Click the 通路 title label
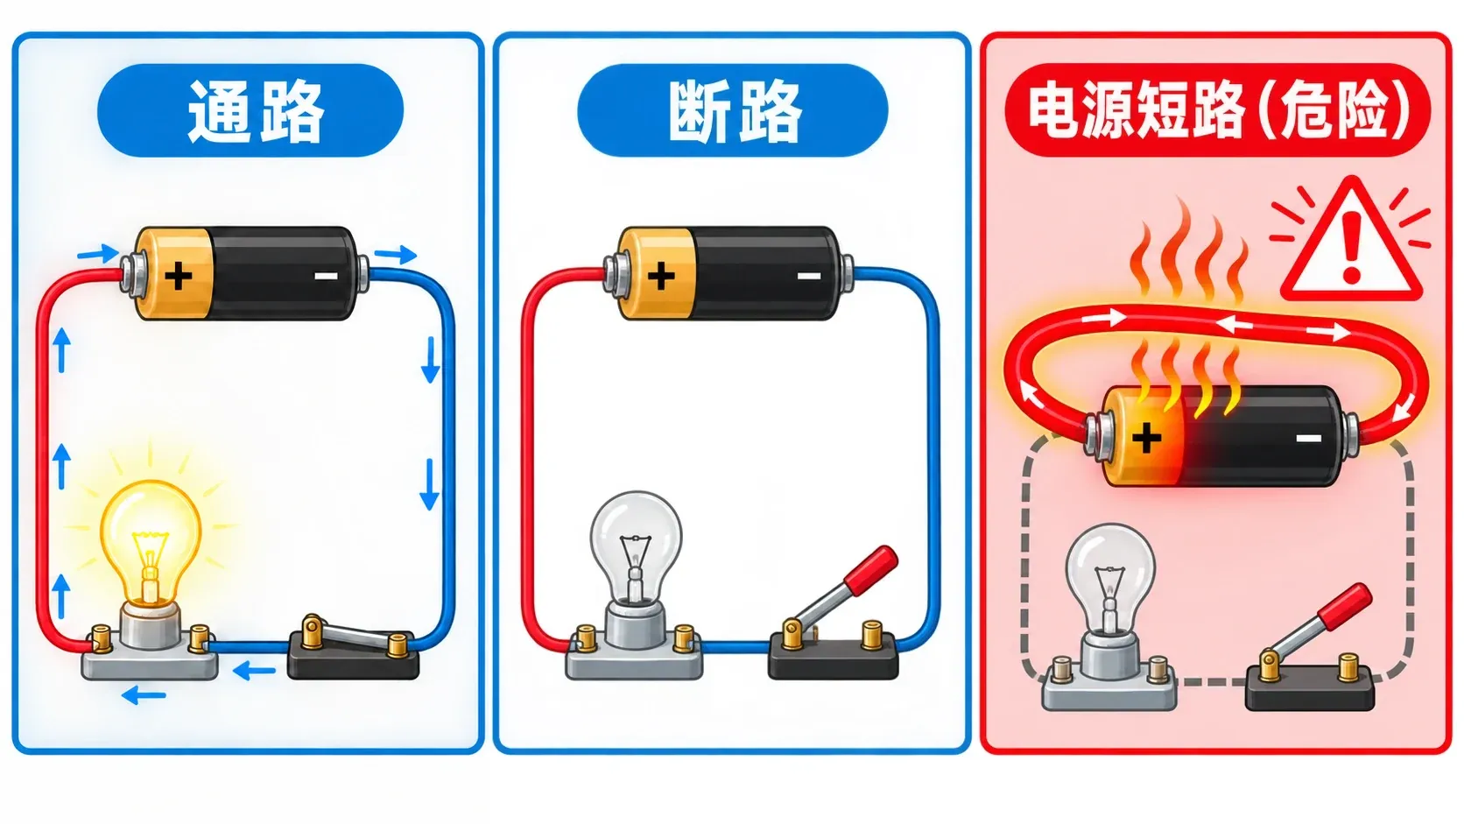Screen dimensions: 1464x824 pos(250,110)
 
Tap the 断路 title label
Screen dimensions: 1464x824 pos(733,110)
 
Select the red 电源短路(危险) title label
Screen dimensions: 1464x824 pos(1218,110)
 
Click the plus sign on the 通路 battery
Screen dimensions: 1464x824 pos(179,275)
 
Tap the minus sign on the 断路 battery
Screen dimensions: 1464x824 pos(808,276)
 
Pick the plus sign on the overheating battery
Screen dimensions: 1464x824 pos(1146,438)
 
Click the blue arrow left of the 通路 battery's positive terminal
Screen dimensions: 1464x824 pos(98,254)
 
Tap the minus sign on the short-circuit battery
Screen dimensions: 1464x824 pos(1308,438)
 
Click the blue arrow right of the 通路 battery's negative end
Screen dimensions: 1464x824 pos(396,254)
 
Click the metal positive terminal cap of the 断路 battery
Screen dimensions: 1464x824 pos(612,274)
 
